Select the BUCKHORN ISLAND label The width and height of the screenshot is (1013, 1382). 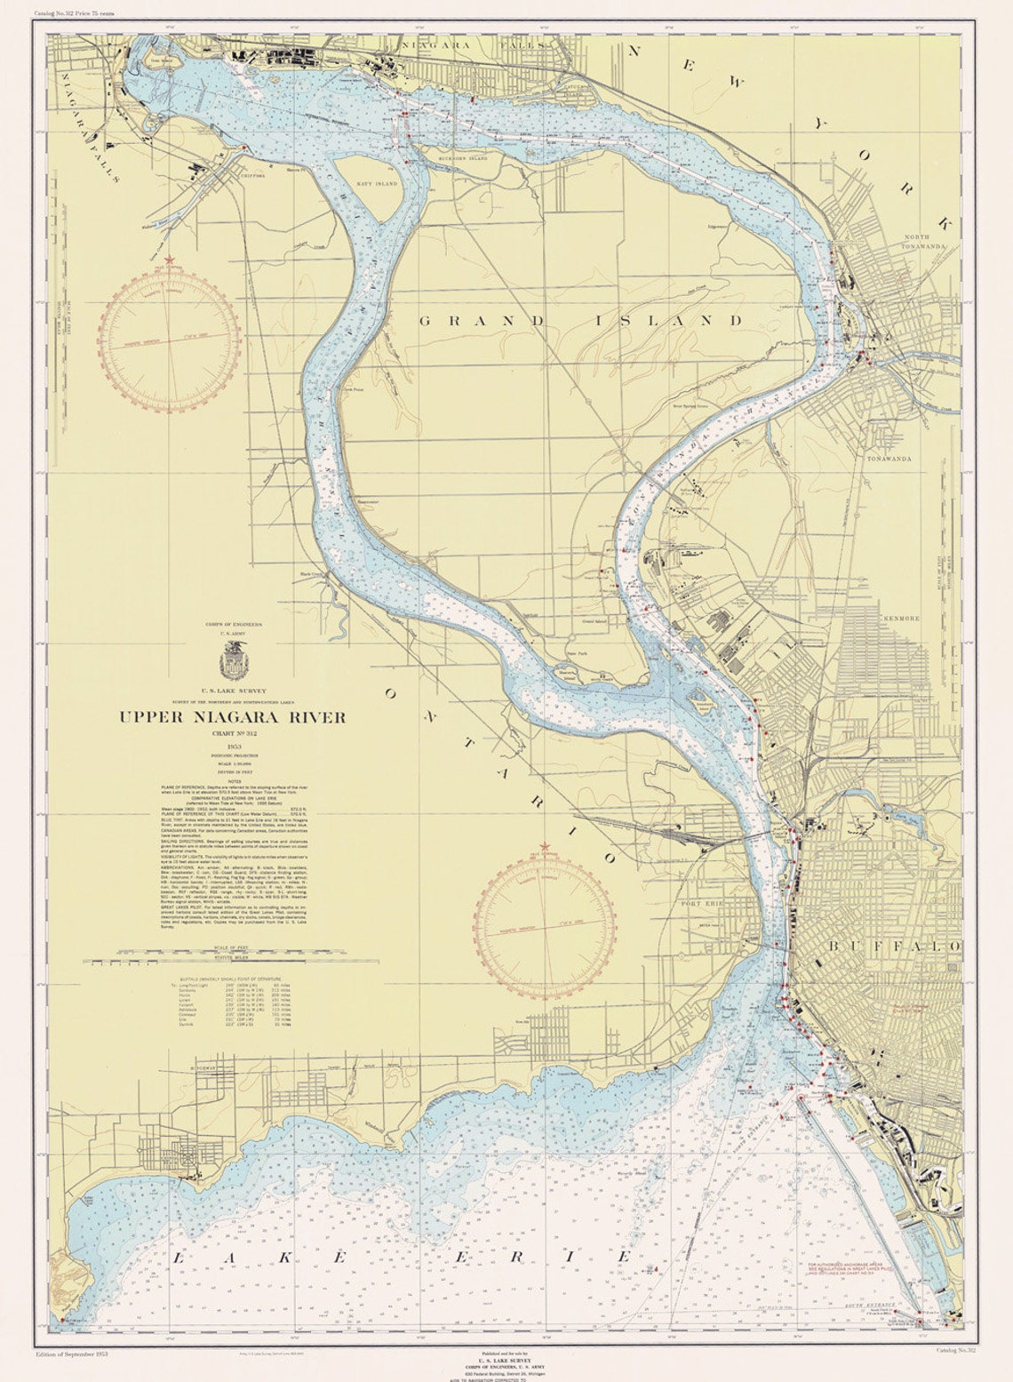click(x=463, y=158)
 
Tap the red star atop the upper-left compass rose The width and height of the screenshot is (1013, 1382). click(x=169, y=260)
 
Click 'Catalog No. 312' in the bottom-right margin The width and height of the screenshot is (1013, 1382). click(x=956, y=1351)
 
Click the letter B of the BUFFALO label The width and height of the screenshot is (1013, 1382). click(x=833, y=947)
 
